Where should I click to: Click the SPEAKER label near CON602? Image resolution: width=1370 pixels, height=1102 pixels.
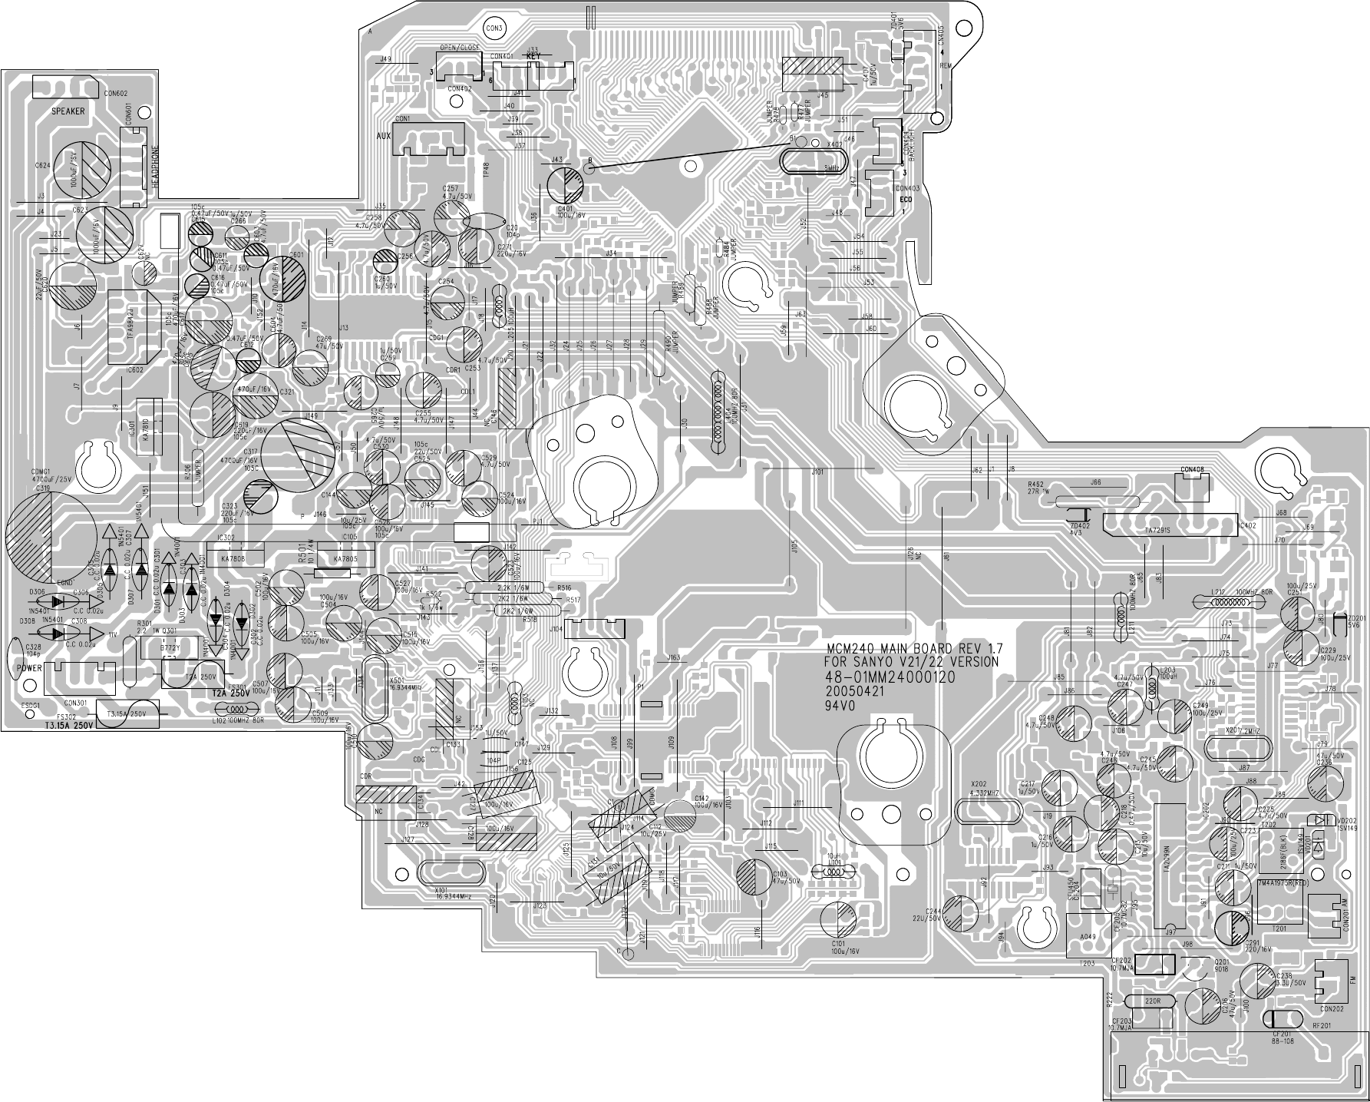68,111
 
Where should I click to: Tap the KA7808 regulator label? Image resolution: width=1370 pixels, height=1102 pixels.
233,560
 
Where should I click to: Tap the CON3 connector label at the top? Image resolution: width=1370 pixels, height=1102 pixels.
494,28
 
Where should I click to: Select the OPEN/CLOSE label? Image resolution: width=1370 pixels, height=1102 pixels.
460,48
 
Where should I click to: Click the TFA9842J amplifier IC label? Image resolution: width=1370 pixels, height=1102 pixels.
130,326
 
